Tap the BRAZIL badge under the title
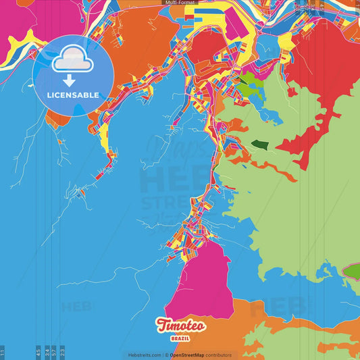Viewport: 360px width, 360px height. [180, 338]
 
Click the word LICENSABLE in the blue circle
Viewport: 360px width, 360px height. [72, 95]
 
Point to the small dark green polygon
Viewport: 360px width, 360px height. [261, 143]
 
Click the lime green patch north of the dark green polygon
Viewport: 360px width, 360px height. [248, 86]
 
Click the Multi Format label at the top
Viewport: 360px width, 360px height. [179, 3]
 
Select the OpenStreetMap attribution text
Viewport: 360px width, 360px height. [200, 355]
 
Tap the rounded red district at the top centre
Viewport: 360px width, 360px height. [209, 45]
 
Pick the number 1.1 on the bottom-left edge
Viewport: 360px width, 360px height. [3, 352]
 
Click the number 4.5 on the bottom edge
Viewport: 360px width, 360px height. [38, 352]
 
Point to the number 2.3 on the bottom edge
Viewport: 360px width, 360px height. [62, 352]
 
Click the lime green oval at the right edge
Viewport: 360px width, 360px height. [352, 272]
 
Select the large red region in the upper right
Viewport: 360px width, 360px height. [317, 74]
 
